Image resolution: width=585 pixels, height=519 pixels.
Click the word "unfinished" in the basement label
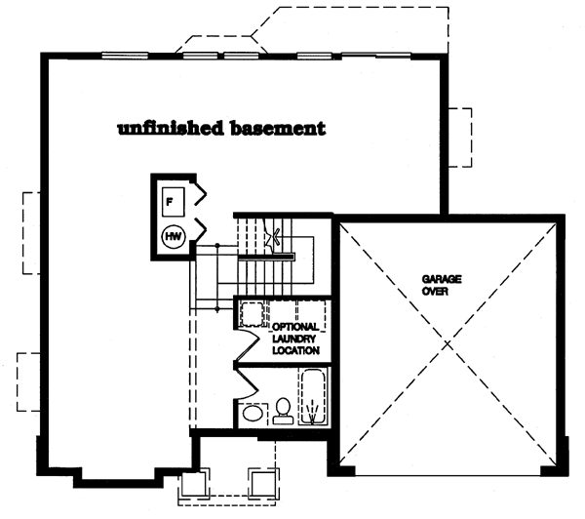171,128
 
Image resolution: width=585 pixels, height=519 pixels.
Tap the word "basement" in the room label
278,128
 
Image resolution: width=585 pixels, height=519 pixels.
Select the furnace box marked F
174,202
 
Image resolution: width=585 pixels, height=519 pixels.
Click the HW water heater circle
174,236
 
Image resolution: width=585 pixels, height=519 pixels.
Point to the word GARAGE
442,279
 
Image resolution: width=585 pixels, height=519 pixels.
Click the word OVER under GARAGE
435,291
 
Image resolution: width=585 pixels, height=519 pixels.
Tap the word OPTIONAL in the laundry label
295,327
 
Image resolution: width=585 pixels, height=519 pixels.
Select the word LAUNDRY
294,339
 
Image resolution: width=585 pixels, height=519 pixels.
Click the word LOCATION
295,350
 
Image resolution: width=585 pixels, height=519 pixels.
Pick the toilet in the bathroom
283,411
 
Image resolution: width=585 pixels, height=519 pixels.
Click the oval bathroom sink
252,414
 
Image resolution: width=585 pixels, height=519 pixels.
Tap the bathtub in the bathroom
314,396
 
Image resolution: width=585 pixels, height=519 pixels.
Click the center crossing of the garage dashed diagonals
448,343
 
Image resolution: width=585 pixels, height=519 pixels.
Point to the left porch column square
194,484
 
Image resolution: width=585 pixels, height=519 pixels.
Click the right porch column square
263,484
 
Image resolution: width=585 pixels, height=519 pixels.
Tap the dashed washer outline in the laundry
252,314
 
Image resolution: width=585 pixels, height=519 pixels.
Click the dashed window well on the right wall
460,138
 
